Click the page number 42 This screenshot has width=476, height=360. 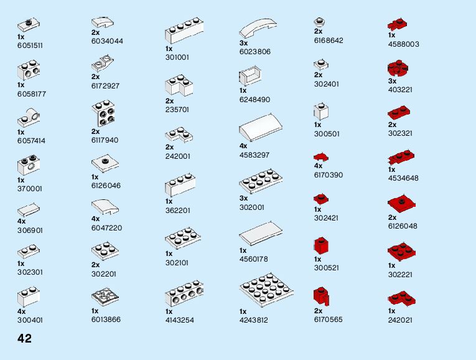coord(24,339)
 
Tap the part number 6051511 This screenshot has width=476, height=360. coord(30,45)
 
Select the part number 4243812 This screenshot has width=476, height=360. coord(253,320)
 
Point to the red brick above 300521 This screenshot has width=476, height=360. coord(321,245)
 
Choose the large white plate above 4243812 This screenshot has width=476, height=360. coord(266,290)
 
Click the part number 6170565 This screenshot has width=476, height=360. coord(328,320)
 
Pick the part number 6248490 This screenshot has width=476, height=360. coord(254,99)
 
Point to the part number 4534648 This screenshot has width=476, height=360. coord(403,178)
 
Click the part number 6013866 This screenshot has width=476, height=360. coord(106,320)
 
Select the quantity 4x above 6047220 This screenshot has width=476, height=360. coord(95,219)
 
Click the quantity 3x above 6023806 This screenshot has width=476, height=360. coord(243,43)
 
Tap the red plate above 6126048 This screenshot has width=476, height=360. coord(401,204)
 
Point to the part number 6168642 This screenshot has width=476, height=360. coord(329,40)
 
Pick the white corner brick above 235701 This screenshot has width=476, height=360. coord(180,86)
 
